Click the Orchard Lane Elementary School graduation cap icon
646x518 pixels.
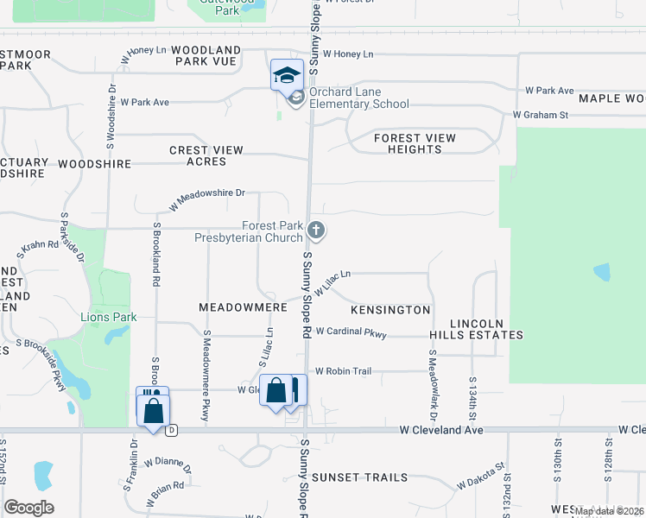(x=286, y=74)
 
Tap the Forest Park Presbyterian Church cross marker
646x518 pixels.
(x=316, y=230)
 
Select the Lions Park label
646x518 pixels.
(x=109, y=318)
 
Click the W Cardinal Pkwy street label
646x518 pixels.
(x=351, y=332)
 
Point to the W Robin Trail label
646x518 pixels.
(x=343, y=371)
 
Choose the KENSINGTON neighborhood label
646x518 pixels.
(x=390, y=309)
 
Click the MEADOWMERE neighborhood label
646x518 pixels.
(x=242, y=307)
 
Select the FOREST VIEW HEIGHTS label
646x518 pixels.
(x=415, y=143)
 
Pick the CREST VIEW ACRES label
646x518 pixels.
(x=206, y=156)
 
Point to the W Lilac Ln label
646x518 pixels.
(x=332, y=283)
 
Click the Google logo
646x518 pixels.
(x=28, y=507)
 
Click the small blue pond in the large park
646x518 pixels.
(x=602, y=274)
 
